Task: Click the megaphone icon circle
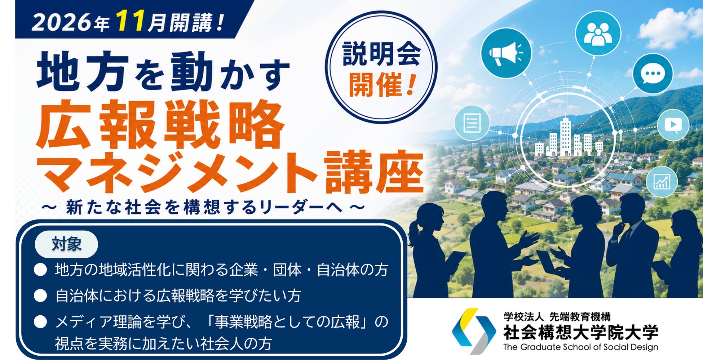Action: coord(506,53)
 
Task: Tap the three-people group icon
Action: coord(598,33)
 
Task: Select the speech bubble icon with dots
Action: coord(653,74)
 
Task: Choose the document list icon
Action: coord(472,123)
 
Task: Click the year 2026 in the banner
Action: coord(62,23)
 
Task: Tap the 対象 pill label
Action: coord(66,244)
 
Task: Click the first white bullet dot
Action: coord(40,270)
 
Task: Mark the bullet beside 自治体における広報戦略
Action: coord(40,296)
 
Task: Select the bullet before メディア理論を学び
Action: coord(40,322)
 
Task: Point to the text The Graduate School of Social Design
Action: coord(581,347)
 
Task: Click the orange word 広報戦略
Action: coord(161,124)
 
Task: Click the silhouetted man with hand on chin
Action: coord(633,245)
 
